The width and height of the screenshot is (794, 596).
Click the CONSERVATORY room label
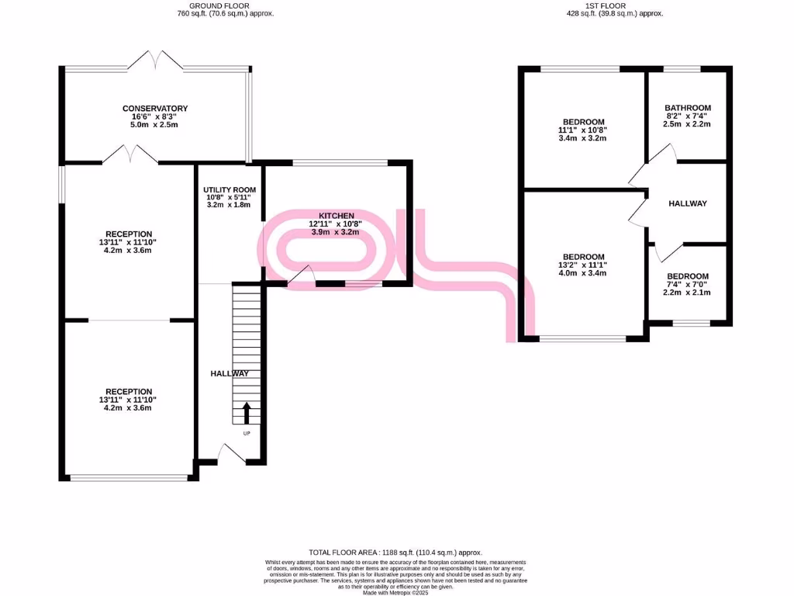coord(154,109)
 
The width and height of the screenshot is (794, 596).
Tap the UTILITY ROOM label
coord(229,190)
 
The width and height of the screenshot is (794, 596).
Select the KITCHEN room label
coord(337,215)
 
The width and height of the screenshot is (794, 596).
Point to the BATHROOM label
coord(688,109)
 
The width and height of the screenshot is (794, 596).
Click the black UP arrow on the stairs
coord(247,411)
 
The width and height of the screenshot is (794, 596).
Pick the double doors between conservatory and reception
coord(129,154)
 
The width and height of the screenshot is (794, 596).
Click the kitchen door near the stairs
coord(302,276)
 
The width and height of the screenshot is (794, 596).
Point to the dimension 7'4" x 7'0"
coord(688,284)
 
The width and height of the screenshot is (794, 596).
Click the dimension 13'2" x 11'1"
coord(583,265)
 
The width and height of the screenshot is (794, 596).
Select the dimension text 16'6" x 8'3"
coord(154,116)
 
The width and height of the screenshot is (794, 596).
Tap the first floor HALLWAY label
coord(688,203)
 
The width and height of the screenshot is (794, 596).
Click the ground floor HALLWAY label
coord(230,374)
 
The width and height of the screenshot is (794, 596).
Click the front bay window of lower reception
coord(129,477)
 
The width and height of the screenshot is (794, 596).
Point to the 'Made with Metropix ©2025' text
coord(396,593)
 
